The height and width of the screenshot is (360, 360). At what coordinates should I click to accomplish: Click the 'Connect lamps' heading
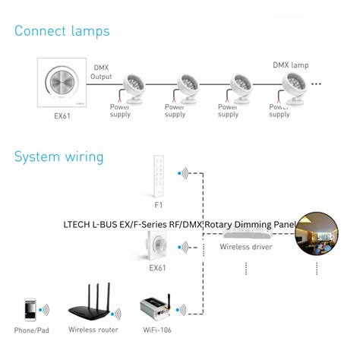point(62,31)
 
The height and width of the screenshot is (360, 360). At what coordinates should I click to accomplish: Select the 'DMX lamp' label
point(290,65)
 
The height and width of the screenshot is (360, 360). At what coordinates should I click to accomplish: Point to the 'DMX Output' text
point(101,71)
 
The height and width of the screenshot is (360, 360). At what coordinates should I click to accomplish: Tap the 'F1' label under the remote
point(159,205)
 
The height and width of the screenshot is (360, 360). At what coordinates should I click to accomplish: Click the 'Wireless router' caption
point(93,330)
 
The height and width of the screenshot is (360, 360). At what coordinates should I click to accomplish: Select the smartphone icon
point(29,309)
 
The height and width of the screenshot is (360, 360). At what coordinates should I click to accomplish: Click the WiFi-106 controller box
point(158,309)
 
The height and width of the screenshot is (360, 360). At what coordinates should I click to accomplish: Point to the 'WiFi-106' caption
point(157,330)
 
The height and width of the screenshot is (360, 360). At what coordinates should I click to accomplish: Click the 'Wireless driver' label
point(245,247)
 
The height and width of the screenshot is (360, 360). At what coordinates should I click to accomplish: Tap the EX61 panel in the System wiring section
point(158,247)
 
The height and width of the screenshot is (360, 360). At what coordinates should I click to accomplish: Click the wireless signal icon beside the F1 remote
point(183,174)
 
